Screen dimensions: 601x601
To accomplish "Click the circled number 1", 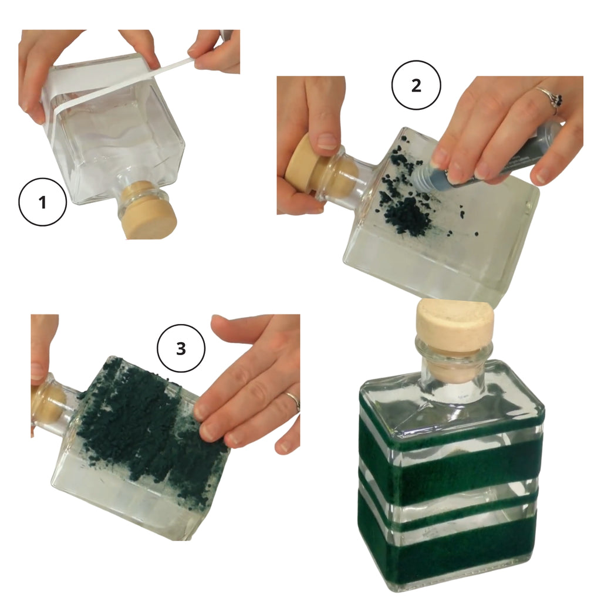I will click(x=42, y=202).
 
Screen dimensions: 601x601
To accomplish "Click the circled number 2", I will click(x=416, y=86).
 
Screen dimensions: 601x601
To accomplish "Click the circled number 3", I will click(x=181, y=348).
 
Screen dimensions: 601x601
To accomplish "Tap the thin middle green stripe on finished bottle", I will click(x=449, y=512).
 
